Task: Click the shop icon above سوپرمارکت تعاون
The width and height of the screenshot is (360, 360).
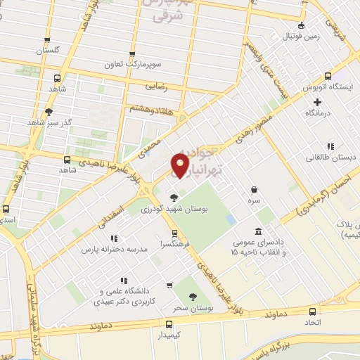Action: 131,53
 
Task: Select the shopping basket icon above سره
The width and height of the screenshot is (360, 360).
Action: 253,189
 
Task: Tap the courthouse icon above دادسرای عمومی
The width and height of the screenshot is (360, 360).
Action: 258,232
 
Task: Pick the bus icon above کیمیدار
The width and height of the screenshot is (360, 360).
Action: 168,324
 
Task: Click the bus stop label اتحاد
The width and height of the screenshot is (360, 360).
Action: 313,321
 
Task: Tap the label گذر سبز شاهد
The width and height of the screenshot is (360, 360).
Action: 50,122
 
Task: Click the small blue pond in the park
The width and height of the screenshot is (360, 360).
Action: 231,219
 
